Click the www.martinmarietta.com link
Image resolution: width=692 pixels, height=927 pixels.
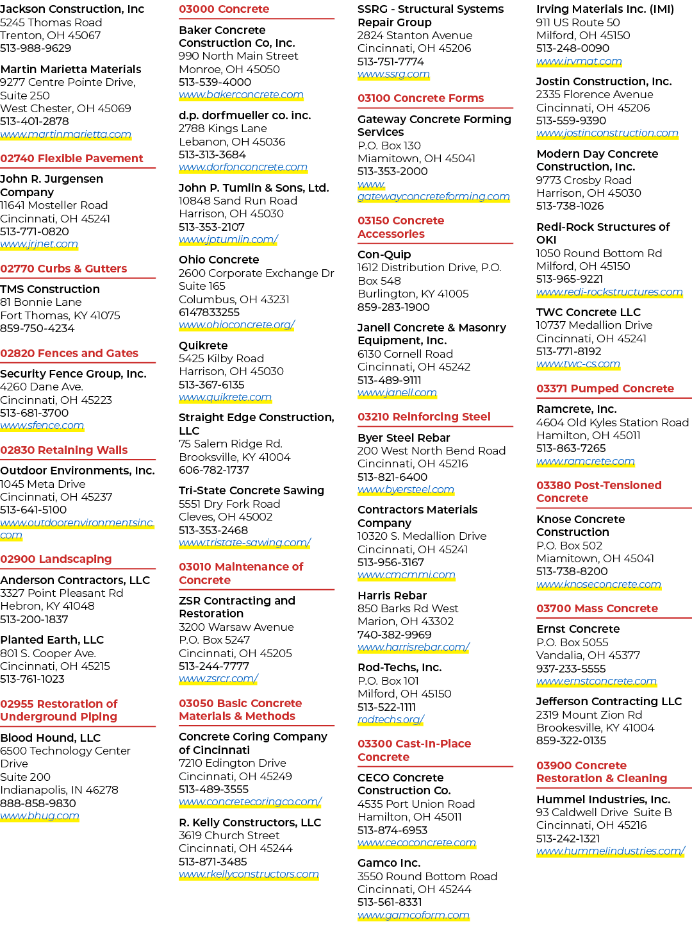click(x=66, y=134)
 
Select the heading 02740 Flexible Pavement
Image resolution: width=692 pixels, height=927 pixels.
click(x=72, y=158)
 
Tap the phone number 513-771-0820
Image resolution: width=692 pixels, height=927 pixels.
click(x=35, y=231)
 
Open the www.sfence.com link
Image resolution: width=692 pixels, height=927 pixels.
click(x=42, y=425)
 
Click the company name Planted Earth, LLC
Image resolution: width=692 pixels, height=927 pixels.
click(x=52, y=640)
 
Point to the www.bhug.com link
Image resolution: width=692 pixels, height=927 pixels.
click(x=40, y=815)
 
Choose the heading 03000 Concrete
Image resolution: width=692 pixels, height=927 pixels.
click(x=224, y=9)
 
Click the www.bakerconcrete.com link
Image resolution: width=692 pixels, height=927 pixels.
click(x=241, y=95)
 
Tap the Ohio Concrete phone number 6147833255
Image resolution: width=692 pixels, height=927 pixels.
click(x=210, y=312)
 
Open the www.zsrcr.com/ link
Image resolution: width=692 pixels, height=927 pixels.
click(x=218, y=679)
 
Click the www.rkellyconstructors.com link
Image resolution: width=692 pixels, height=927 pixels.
click(x=249, y=874)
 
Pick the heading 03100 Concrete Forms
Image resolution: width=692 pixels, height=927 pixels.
click(x=421, y=98)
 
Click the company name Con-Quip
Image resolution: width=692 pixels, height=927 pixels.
click(x=384, y=255)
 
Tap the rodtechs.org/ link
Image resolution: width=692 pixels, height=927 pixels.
click(x=391, y=719)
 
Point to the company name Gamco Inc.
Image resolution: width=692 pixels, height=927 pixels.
click(x=389, y=863)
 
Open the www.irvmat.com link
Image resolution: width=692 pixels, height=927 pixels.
click(x=579, y=62)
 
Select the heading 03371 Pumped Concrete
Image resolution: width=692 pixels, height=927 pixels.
click(x=605, y=388)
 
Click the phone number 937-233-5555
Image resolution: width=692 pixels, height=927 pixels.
click(x=571, y=669)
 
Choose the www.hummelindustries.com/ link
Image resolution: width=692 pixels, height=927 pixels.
click(x=611, y=851)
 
